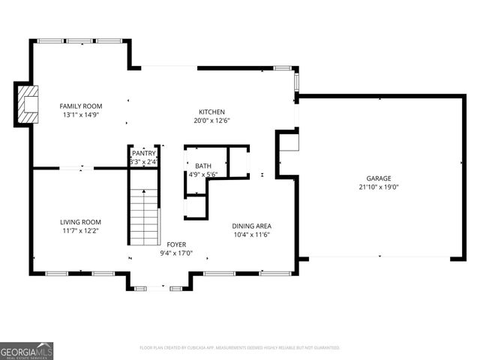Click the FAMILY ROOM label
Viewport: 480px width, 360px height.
(81, 106)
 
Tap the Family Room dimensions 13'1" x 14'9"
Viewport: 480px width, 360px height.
(81, 115)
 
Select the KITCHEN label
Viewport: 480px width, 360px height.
(211, 110)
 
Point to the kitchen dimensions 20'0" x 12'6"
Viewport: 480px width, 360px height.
(211, 120)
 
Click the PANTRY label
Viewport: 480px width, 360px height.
(143, 152)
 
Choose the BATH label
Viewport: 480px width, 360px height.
(203, 166)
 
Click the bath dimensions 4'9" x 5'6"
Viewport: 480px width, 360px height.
(202, 175)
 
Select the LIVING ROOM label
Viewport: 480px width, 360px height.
(80, 222)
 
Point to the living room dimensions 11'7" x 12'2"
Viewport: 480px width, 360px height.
(80, 232)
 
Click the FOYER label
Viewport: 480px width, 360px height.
(176, 244)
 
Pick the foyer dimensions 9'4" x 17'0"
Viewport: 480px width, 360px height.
(176, 253)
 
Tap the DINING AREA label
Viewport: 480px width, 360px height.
(251, 226)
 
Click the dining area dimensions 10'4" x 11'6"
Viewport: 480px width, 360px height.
(251, 235)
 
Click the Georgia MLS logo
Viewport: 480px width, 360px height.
(27, 350)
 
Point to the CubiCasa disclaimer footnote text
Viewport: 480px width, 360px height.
(239, 348)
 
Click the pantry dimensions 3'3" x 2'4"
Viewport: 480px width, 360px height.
(143, 161)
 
